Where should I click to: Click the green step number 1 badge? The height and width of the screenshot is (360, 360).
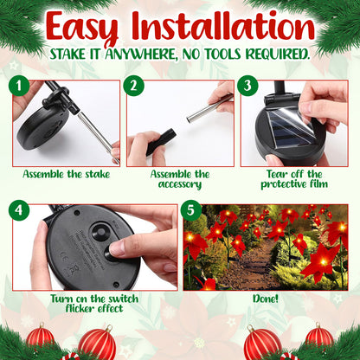[21, 87]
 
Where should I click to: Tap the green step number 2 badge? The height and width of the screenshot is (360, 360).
[134, 87]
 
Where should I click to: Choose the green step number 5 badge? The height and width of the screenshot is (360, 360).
[192, 210]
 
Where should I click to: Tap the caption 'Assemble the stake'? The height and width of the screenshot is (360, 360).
[66, 174]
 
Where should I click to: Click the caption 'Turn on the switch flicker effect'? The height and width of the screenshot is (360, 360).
[95, 303]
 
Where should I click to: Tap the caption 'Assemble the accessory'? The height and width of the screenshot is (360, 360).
[180, 179]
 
